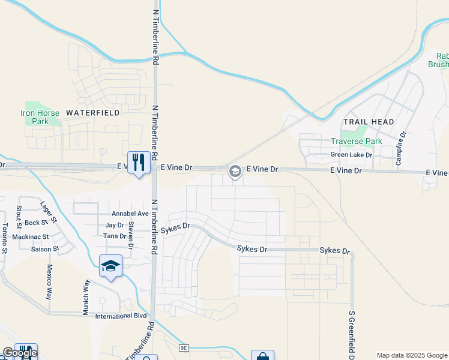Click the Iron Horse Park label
coord(40,117)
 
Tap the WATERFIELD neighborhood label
coord(92,112)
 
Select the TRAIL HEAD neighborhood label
coord(369,122)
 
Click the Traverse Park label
coord(357,142)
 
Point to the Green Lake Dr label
coord(352,155)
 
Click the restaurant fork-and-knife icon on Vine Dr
coord(139,162)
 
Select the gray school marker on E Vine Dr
coord(235,172)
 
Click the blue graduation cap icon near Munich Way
coord(110,266)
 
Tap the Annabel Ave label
coord(130,214)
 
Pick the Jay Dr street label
coord(114,226)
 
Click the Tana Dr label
coord(114,236)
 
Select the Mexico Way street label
coord(50,282)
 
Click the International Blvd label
coord(121,316)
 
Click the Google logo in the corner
coord(19,353)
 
